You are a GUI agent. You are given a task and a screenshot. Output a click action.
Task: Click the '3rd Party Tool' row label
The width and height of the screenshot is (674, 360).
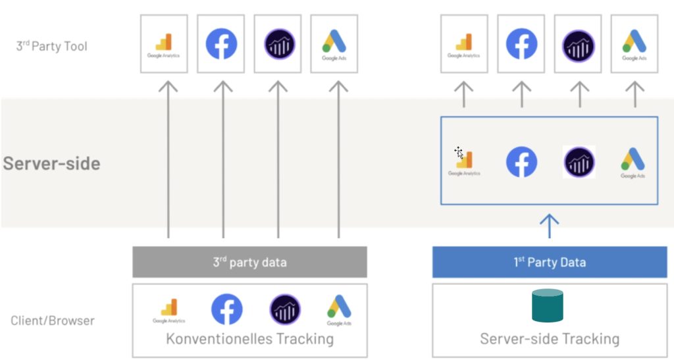pyautogui.click(x=51, y=47)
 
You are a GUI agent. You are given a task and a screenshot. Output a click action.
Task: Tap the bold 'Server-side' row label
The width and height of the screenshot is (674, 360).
pyautogui.click(x=51, y=163)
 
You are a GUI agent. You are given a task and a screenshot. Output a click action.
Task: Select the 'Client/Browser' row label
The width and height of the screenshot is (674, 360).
pyautogui.click(x=53, y=321)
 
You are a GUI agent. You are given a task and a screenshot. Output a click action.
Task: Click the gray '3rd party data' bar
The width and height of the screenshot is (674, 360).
pyautogui.click(x=249, y=262)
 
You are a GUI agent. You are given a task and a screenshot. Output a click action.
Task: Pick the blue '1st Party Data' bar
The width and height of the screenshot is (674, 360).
pyautogui.click(x=550, y=262)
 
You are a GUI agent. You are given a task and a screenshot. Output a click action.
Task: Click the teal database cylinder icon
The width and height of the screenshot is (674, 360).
pyautogui.click(x=548, y=306)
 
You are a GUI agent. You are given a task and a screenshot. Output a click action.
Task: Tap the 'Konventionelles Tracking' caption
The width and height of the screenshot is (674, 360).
pyautogui.click(x=249, y=339)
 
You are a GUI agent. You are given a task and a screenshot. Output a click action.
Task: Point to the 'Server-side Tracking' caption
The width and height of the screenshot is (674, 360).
pyautogui.click(x=550, y=339)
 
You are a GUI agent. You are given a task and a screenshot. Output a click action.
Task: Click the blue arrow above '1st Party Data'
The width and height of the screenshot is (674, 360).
pyautogui.click(x=549, y=225)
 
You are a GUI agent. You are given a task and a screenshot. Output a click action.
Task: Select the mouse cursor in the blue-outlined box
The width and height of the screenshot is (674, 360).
pyautogui.click(x=459, y=153)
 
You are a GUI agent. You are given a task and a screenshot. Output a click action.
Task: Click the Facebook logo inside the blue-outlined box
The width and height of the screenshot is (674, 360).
pyautogui.click(x=521, y=162)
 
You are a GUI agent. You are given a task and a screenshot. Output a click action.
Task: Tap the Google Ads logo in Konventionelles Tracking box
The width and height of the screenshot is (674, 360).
pyautogui.click(x=338, y=309)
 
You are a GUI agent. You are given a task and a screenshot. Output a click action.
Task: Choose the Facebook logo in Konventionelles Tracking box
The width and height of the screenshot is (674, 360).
pyautogui.click(x=226, y=309)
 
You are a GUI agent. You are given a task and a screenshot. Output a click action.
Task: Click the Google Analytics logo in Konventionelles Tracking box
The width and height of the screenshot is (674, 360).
pyautogui.click(x=169, y=310)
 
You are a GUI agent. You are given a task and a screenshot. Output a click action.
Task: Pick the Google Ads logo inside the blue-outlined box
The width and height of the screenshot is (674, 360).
pyautogui.click(x=633, y=163)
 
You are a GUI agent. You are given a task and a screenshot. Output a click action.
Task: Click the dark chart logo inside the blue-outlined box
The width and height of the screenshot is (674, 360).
pyautogui.click(x=579, y=162)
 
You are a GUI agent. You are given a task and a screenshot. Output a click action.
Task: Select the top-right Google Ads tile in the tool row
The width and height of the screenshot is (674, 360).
pyautogui.click(x=635, y=44)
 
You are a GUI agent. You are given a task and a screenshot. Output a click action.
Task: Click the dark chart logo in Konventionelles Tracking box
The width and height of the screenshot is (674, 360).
pyautogui.click(x=285, y=309)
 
